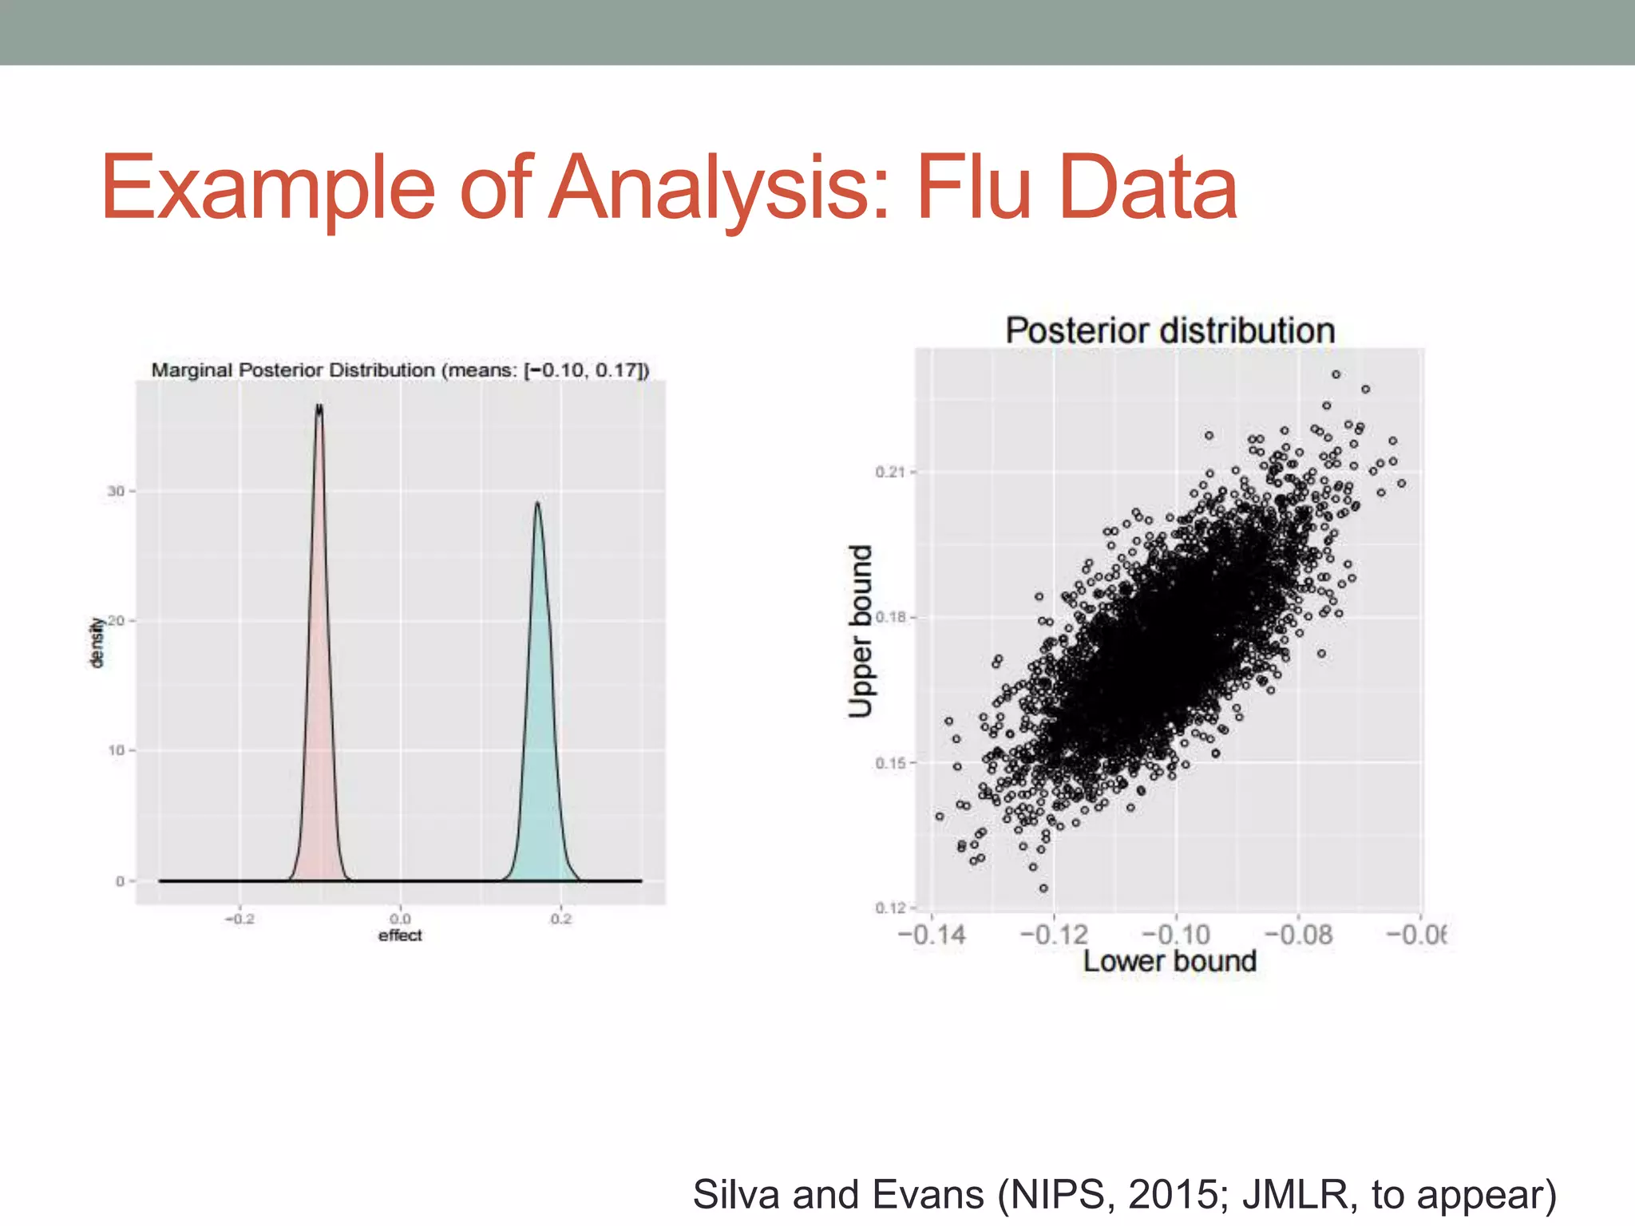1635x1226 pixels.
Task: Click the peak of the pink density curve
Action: (319, 408)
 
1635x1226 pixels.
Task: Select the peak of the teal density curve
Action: (537, 504)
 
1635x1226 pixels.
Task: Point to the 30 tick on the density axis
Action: (117, 491)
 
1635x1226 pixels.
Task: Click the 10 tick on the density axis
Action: (117, 750)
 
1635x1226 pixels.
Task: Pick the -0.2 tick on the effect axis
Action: (240, 919)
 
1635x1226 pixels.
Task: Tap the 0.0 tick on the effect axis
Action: (401, 919)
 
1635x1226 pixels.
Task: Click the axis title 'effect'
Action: (400, 935)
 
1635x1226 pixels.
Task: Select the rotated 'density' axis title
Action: (97, 643)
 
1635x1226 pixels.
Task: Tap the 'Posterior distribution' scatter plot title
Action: (1170, 330)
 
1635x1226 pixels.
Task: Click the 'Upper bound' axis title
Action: (860, 631)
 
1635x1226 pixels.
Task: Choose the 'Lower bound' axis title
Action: (1170, 961)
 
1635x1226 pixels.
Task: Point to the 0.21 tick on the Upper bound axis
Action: (890, 472)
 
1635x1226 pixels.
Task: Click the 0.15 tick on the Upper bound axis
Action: (890, 763)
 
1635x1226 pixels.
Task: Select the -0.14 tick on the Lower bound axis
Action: (932, 935)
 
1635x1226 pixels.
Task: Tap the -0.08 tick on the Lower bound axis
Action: (1298, 935)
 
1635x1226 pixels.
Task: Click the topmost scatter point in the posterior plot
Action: (1336, 374)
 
